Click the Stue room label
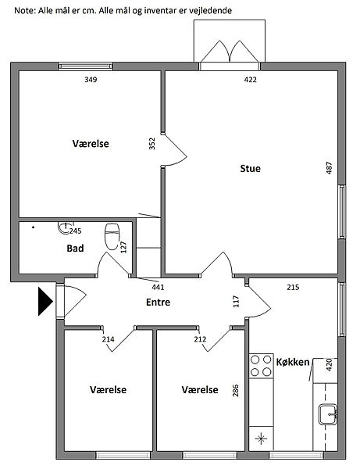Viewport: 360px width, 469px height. click(x=250, y=168)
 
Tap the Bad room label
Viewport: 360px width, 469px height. click(x=75, y=249)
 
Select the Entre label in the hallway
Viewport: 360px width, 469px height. click(x=158, y=302)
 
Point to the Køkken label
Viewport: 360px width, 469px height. click(x=293, y=362)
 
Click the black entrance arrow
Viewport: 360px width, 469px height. click(x=45, y=301)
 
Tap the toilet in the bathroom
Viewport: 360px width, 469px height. click(x=112, y=236)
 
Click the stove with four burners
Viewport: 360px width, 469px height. click(x=261, y=366)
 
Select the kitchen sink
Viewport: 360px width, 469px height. click(x=327, y=414)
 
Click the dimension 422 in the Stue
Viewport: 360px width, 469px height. click(x=251, y=80)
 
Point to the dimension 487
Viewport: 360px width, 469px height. click(x=329, y=168)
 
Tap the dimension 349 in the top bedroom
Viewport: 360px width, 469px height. click(x=91, y=80)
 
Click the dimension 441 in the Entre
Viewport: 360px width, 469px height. click(x=158, y=287)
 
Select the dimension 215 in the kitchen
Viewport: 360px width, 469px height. click(x=293, y=287)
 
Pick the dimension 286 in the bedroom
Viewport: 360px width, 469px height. click(x=235, y=391)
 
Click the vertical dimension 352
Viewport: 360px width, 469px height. click(x=152, y=143)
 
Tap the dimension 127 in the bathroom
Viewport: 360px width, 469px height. click(x=123, y=247)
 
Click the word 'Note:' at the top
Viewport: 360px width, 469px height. click(x=25, y=11)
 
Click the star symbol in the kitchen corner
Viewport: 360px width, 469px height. click(x=261, y=439)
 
